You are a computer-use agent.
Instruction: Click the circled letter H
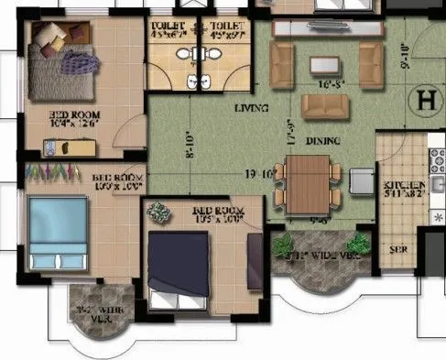pos(425,100)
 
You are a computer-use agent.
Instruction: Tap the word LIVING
pos(250,108)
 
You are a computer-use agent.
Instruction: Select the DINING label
pos(323,141)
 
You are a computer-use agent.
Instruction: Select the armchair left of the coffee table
pos(283,64)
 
